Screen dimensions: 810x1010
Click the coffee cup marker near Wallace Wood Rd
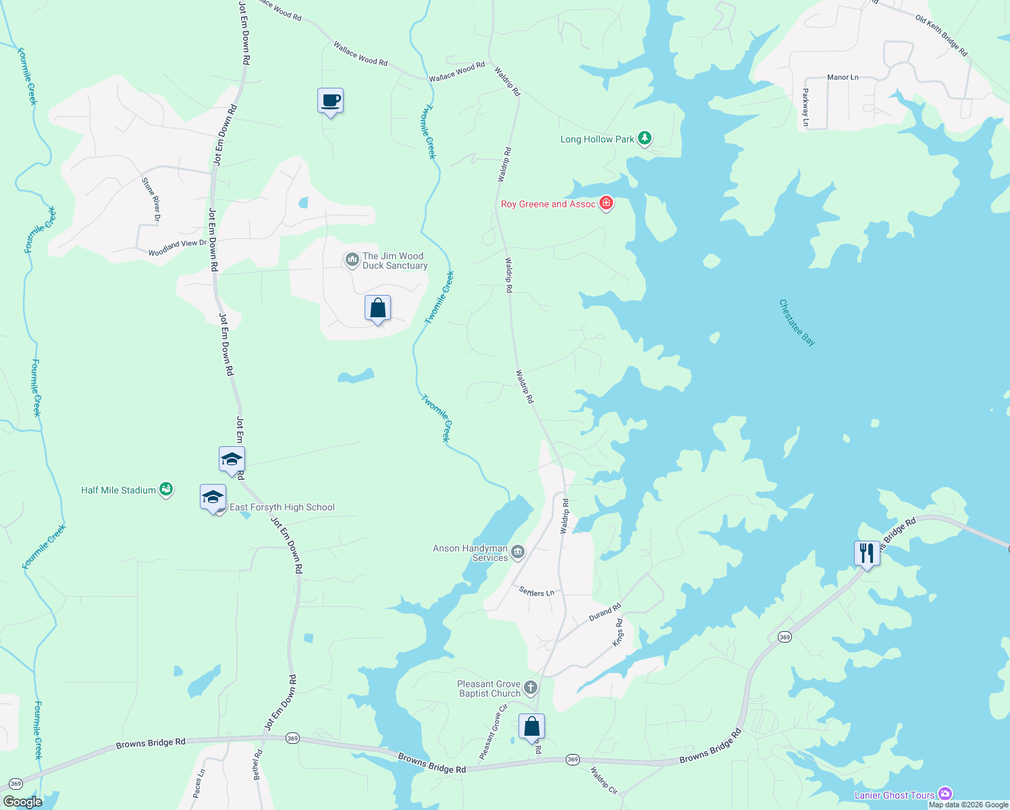(x=330, y=101)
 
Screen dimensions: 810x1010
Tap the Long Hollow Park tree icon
(x=645, y=138)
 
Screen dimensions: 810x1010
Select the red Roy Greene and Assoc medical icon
(x=606, y=203)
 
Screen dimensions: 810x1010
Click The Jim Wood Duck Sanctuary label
(x=394, y=261)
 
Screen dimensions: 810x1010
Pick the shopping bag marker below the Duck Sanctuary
(x=377, y=308)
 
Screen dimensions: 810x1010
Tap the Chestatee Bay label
(x=797, y=323)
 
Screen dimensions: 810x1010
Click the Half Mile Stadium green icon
(x=165, y=489)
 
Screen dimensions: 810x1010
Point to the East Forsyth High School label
(x=282, y=507)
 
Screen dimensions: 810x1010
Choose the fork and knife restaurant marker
(x=866, y=553)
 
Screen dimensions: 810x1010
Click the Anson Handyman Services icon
(x=518, y=552)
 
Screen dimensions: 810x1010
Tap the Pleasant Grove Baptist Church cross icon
(x=531, y=688)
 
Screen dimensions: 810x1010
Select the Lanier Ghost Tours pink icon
(x=945, y=794)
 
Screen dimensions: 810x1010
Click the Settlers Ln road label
(x=537, y=592)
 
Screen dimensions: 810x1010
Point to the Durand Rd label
(x=604, y=613)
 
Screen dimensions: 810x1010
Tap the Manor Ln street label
(x=843, y=78)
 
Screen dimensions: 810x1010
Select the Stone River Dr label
(x=151, y=200)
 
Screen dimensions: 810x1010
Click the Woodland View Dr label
(x=178, y=248)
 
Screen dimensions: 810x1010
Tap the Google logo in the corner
(x=23, y=801)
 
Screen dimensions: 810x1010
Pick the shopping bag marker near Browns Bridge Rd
(x=531, y=727)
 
